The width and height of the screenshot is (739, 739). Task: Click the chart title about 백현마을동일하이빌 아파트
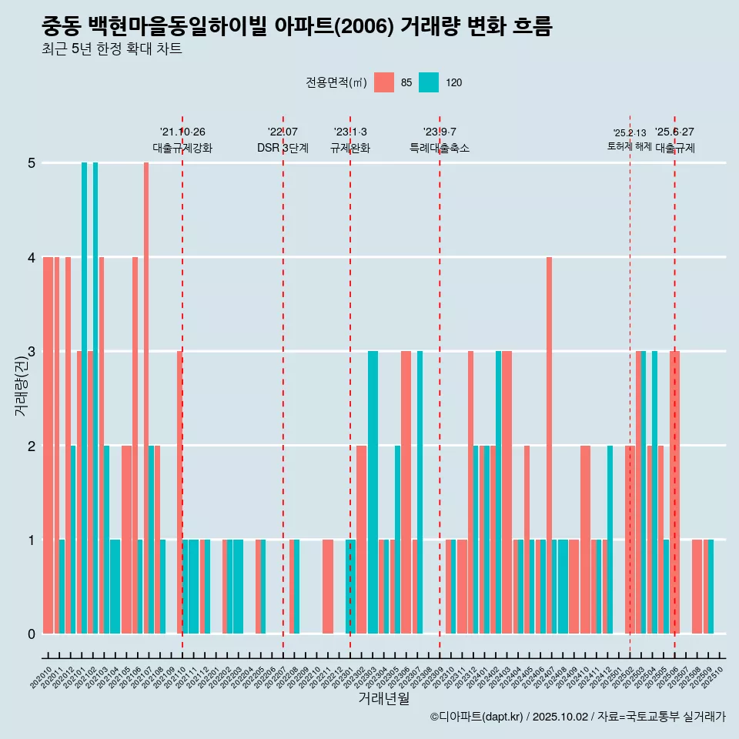[296, 26]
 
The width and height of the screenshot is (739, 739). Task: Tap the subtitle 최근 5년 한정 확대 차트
[112, 50]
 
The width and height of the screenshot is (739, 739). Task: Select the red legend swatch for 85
[383, 82]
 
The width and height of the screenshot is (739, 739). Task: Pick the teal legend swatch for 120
[429, 82]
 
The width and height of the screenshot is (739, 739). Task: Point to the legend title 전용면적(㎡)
[336, 82]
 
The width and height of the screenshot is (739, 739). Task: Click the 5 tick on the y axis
[32, 163]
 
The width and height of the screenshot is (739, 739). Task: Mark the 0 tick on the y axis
[32, 634]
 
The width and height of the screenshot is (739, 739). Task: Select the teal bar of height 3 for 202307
[420, 492]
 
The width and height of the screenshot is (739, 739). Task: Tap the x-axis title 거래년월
[383, 698]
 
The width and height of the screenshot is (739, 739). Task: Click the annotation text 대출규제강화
[182, 148]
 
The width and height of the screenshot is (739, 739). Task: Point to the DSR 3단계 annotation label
[283, 148]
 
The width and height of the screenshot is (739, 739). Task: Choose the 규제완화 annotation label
[350, 148]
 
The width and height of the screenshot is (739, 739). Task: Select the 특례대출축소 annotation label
[440, 148]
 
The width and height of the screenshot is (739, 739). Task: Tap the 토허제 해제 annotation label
[629, 145]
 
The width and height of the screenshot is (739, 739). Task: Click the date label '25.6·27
[674, 132]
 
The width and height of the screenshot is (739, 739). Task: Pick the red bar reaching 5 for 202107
[146, 398]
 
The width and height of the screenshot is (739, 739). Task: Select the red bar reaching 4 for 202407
[549, 445]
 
